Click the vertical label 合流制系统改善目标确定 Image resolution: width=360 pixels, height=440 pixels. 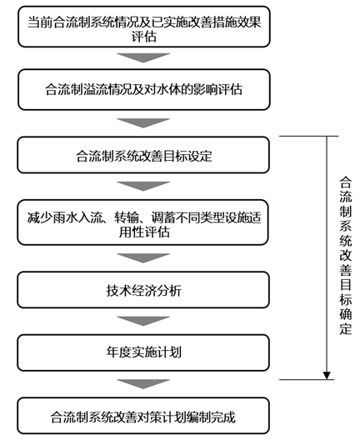pyautogui.click(x=345, y=254)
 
